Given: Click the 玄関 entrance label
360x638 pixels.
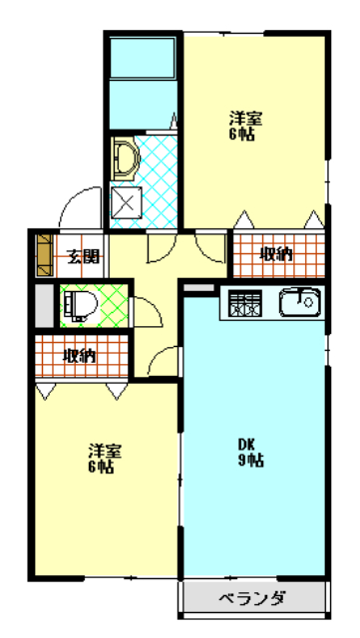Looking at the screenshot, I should tap(82, 255).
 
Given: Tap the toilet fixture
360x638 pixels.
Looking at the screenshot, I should tap(77, 303).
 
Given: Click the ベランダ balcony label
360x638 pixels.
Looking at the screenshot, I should tap(252, 599).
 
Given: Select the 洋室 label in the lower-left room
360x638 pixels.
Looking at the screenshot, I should tap(101, 458).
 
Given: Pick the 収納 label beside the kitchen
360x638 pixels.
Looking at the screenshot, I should tap(276, 254).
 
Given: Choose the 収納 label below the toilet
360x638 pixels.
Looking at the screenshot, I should tap(79, 355).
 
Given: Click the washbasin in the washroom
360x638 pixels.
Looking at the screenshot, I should tap(125, 158).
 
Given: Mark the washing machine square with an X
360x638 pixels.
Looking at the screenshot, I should tap(127, 203).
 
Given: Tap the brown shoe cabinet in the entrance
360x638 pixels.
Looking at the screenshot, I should tap(43, 255).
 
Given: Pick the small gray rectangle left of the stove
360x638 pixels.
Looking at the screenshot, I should tap(199, 288).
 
